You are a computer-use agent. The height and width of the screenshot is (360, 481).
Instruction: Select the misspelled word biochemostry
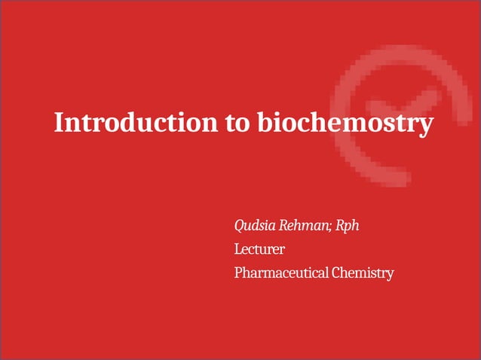click(x=345, y=122)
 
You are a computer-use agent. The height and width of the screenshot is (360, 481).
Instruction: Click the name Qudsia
click(x=255, y=225)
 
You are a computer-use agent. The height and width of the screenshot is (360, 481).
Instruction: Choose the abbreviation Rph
click(x=348, y=225)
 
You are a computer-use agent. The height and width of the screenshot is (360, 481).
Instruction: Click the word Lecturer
click(x=259, y=249)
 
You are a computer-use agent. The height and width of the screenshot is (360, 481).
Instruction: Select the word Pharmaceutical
click(x=280, y=272)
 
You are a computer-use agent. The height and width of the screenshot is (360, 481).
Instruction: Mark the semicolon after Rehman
click(x=329, y=227)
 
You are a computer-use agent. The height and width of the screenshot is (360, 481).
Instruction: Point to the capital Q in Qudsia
click(x=240, y=225)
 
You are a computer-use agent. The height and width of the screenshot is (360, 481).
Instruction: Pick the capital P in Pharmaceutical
click(x=238, y=272)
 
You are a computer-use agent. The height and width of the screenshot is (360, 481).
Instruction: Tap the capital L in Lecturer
click(x=237, y=249)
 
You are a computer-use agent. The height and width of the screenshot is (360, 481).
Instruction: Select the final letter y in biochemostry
click(x=427, y=124)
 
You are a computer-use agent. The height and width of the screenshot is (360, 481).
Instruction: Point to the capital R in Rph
click(x=340, y=225)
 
